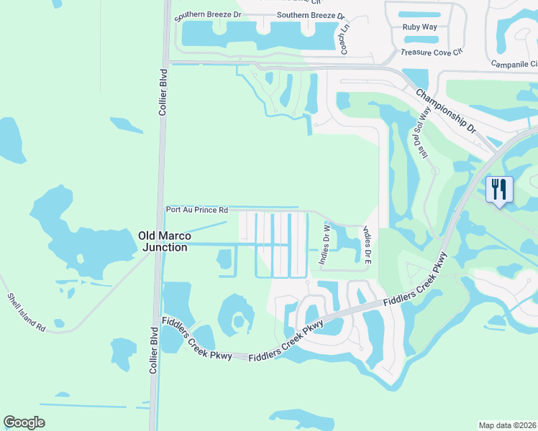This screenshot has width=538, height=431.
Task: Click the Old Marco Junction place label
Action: click(x=165, y=241)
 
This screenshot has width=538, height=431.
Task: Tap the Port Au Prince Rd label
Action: click(x=196, y=210)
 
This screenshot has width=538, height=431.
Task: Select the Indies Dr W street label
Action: click(x=324, y=245)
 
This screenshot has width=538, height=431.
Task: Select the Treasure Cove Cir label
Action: click(x=431, y=52)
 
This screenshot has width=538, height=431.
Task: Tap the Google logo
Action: click(x=24, y=422)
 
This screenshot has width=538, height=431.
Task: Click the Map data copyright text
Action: click(x=508, y=425)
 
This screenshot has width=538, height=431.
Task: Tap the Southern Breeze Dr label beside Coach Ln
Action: click(x=311, y=15)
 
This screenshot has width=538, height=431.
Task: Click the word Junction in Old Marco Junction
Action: click(x=165, y=247)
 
